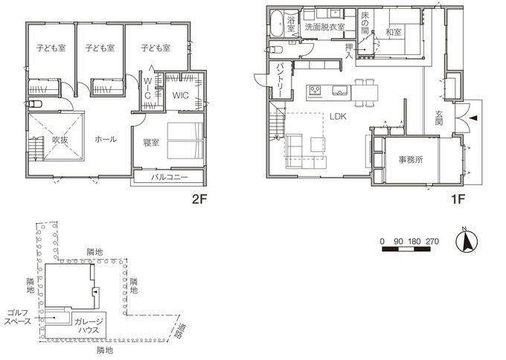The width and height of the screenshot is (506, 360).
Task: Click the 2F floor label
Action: pyautogui.click(x=199, y=199)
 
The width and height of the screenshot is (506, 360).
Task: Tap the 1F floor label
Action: pyautogui.click(x=458, y=199)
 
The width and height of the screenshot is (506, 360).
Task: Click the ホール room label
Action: pyautogui.click(x=105, y=139)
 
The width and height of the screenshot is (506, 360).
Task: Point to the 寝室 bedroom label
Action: pyautogui.click(x=150, y=142)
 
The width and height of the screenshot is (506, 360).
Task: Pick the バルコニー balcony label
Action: pyautogui.click(x=170, y=178)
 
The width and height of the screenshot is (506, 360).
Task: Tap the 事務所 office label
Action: pyautogui.click(x=410, y=158)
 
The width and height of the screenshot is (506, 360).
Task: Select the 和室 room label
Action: pyautogui.click(x=394, y=33)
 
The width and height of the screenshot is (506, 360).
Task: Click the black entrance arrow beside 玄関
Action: pyautogui.click(x=475, y=117)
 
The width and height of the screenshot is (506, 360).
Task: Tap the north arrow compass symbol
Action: pyautogui.click(x=468, y=242)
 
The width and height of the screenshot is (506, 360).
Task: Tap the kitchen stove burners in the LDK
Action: pyautogui.click(x=316, y=91)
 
